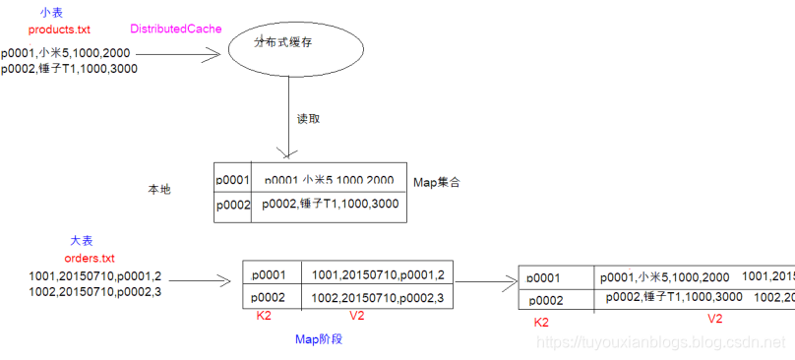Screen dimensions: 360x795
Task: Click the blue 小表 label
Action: tap(51, 13)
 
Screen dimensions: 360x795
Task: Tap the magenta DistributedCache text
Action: tap(174, 30)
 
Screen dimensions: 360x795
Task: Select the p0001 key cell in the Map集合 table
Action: tap(233, 180)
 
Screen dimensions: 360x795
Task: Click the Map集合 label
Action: tap(437, 182)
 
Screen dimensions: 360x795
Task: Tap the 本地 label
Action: tap(158, 189)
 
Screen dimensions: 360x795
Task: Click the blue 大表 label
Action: tap(81, 241)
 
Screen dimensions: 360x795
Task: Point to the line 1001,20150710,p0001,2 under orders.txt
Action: tap(82, 276)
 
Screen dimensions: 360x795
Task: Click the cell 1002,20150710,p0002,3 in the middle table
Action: tap(378, 297)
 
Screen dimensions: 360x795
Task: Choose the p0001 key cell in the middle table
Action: tap(269, 274)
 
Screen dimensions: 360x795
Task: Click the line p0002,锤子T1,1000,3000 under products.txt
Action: tap(69, 69)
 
